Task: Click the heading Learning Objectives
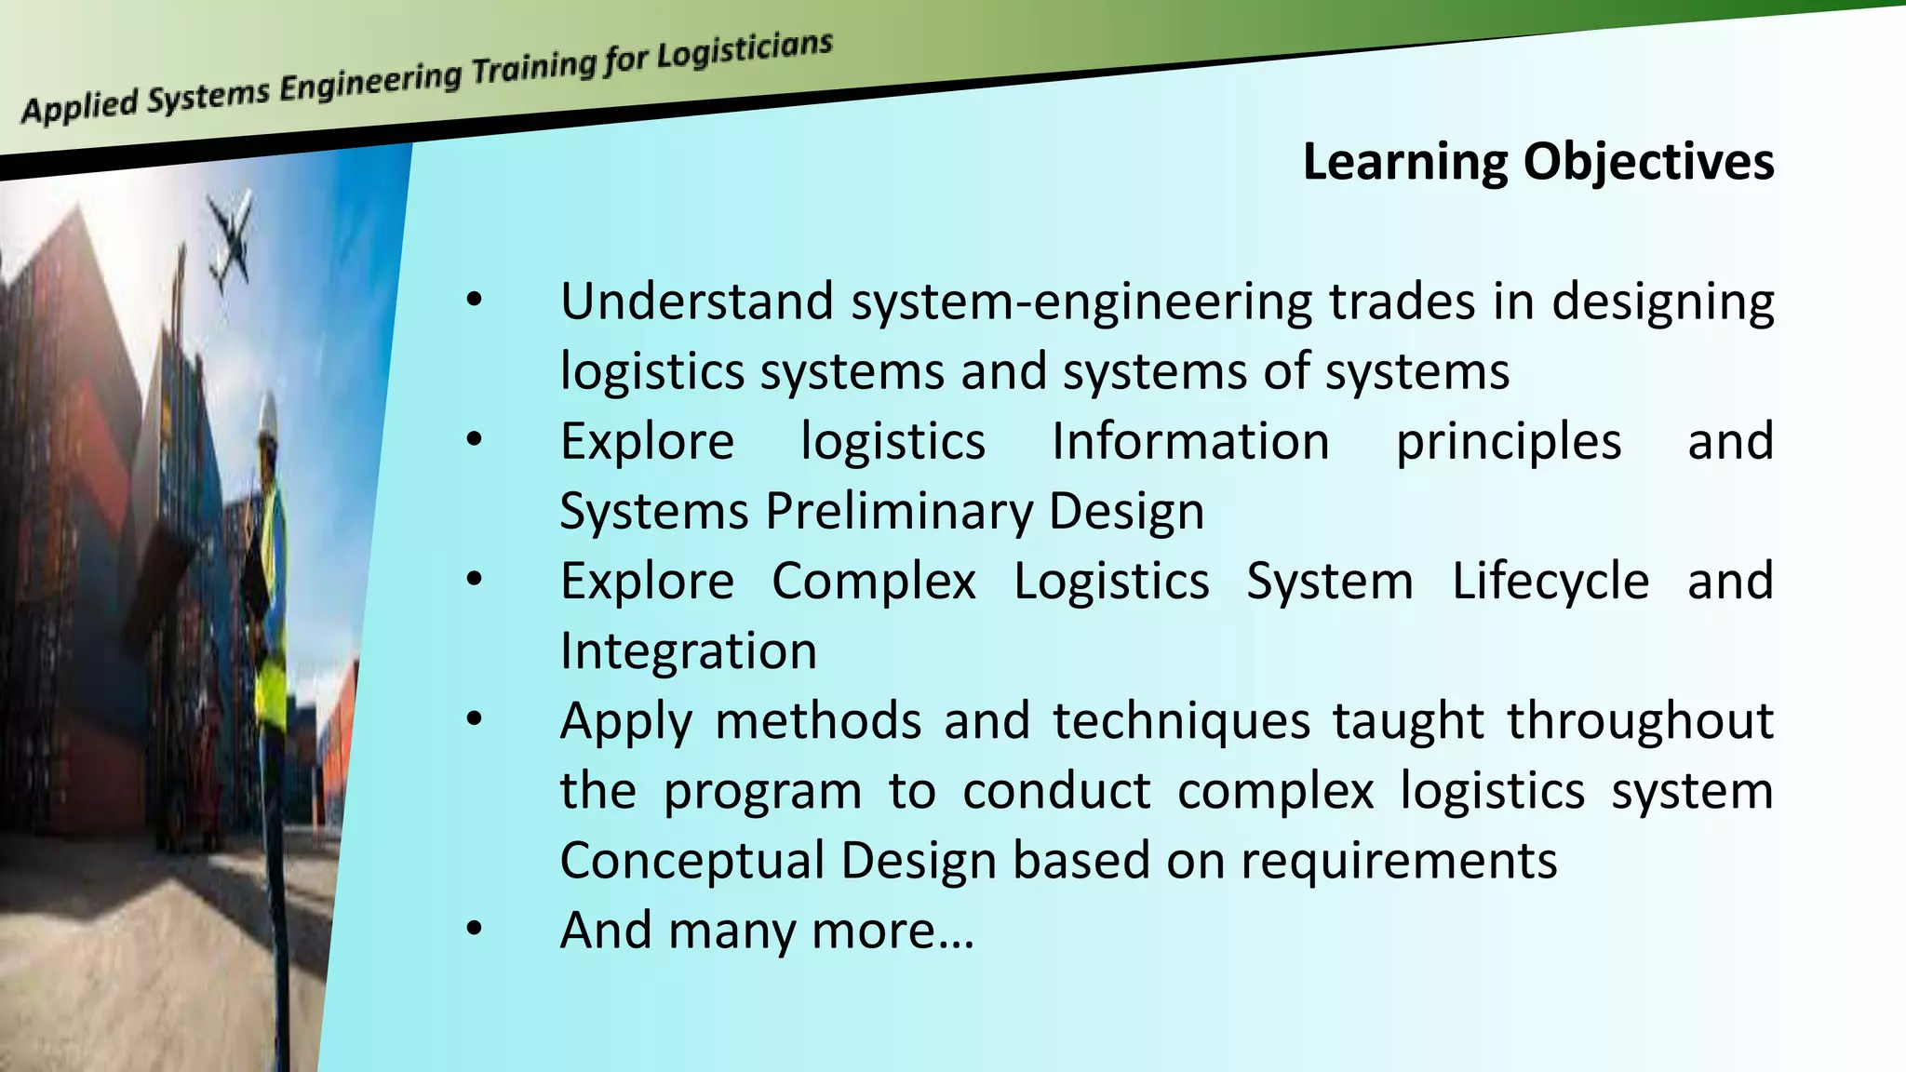(x=1537, y=162)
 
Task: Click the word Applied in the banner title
(x=80, y=106)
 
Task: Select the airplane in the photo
(x=231, y=240)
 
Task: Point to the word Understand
(x=696, y=301)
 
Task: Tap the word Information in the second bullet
(x=1190, y=441)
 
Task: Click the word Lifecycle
(x=1550, y=582)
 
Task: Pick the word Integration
(x=689, y=650)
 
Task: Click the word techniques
(x=1181, y=721)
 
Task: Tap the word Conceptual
(x=692, y=861)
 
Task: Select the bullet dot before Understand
(x=475, y=300)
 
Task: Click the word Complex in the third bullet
(x=874, y=582)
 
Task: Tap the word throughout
(x=1640, y=721)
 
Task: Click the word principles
(x=1509, y=443)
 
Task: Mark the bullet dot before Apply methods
(x=475, y=718)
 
